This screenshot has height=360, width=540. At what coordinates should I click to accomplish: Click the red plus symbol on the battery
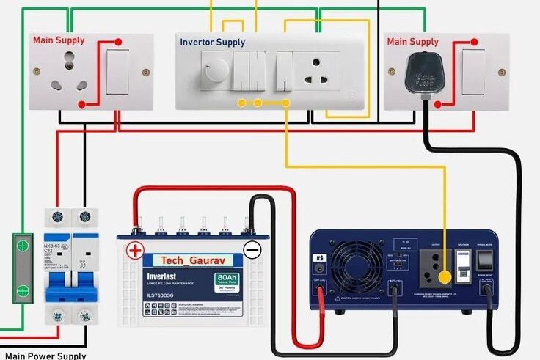[135, 250]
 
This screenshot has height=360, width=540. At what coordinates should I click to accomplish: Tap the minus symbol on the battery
[252, 250]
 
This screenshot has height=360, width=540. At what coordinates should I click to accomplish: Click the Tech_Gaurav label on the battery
[188, 260]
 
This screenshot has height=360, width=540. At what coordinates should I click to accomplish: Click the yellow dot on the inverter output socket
[445, 277]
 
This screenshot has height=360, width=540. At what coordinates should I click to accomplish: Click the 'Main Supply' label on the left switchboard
[59, 40]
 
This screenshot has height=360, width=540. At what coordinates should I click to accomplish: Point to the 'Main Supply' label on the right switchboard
[413, 41]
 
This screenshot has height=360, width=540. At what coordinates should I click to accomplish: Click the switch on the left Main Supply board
[117, 71]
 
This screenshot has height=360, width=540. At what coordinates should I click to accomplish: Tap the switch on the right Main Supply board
[473, 72]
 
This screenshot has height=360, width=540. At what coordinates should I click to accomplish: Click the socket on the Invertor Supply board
[316, 72]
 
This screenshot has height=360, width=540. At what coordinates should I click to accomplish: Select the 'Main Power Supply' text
[45, 356]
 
